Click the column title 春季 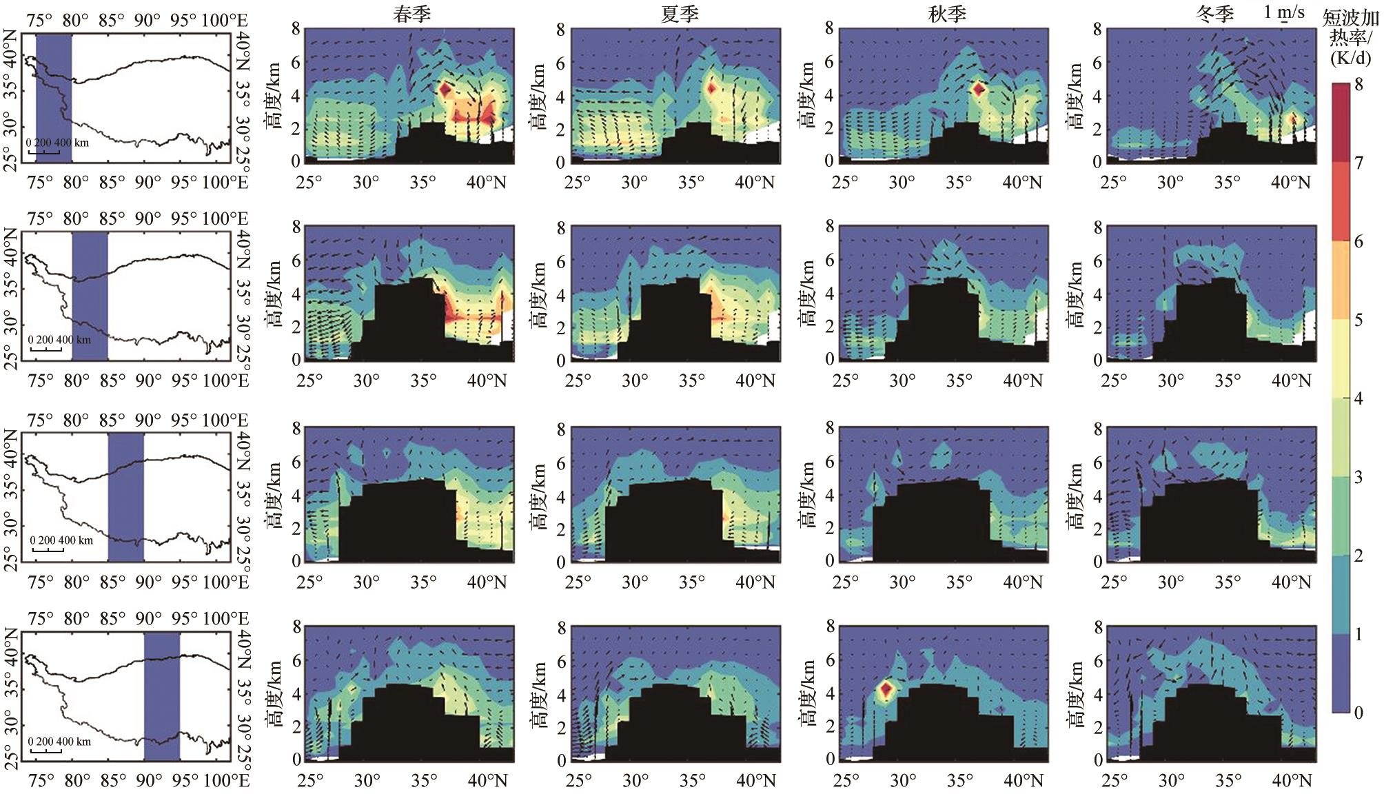[412, 14]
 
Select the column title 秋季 [947, 14]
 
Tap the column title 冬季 [1215, 14]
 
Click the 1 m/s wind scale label [1284, 12]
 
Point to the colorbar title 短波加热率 [1354, 37]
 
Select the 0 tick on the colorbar [1358, 713]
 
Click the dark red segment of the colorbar [1341, 123]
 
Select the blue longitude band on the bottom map [162, 696]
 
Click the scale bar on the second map [47, 349]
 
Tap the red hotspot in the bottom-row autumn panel [886, 688]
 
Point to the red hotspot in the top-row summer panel [711, 88]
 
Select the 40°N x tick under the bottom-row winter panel [1290, 781]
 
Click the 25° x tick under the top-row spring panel [309, 183]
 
